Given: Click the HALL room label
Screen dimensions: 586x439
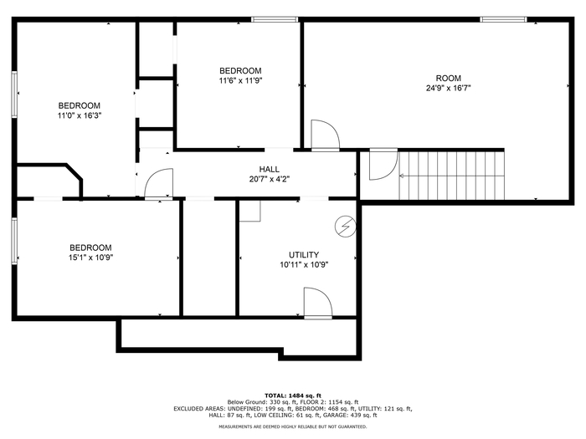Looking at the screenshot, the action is (x=269, y=169).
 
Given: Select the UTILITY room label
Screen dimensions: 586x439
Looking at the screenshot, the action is (x=304, y=254).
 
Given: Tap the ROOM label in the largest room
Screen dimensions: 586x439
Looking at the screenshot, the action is (x=448, y=78).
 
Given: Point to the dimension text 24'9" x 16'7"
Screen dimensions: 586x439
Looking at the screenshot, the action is (x=448, y=88).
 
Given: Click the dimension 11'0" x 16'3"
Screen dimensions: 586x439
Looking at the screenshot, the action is (x=80, y=115).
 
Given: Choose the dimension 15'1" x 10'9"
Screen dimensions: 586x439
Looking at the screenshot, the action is (x=90, y=258).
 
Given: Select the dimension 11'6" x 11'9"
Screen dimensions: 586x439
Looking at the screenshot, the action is (x=240, y=80).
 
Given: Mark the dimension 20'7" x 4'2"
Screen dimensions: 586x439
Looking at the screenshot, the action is (x=269, y=179).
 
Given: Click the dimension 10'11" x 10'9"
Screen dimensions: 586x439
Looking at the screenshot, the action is (x=304, y=265).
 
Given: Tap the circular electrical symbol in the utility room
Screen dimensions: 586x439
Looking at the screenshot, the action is (x=345, y=227).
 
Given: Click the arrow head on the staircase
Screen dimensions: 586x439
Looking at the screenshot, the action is (x=402, y=176).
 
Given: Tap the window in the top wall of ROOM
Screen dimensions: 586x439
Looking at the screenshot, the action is (x=503, y=19).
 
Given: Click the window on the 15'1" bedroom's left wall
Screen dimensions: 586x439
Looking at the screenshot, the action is (x=14, y=241).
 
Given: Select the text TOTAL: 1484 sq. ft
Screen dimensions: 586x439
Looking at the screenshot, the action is (x=293, y=396).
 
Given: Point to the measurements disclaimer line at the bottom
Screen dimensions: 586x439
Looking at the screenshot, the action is (x=293, y=426).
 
